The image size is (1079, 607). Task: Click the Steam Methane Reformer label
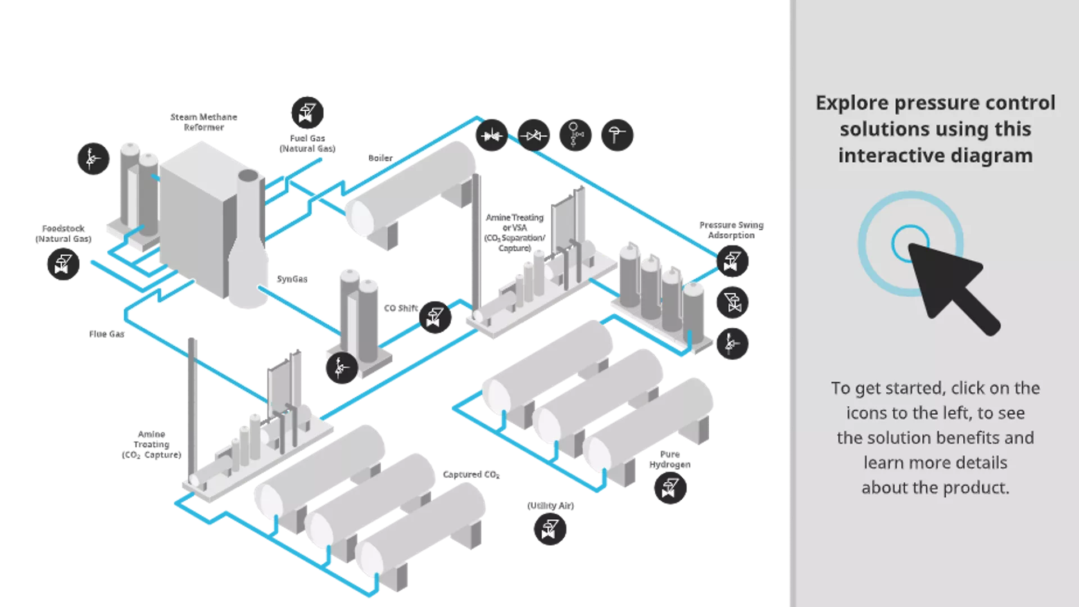pos(203,122)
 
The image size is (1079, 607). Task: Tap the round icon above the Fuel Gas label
pos(307,112)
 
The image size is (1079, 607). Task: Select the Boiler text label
pos(380,158)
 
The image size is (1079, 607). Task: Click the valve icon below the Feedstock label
pos(63,264)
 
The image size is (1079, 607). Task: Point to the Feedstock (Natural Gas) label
pos(63,233)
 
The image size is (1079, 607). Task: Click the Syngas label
pos(292,279)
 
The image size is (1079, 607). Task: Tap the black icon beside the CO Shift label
pos(435,317)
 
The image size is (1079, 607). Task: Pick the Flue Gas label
pos(107,334)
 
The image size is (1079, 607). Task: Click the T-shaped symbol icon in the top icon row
pos(617,135)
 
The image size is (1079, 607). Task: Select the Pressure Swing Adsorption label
pos(731,230)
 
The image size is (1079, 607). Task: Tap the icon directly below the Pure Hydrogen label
pos(670,488)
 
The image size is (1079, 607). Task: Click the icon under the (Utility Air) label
pos(550,529)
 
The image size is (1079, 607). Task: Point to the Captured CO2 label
pos(471,475)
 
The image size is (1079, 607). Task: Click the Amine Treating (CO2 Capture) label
pos(152,444)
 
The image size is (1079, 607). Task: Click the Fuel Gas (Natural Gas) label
pos(307,143)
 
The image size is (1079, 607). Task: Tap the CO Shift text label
pos(401,308)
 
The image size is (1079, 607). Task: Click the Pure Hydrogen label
pos(669,459)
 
